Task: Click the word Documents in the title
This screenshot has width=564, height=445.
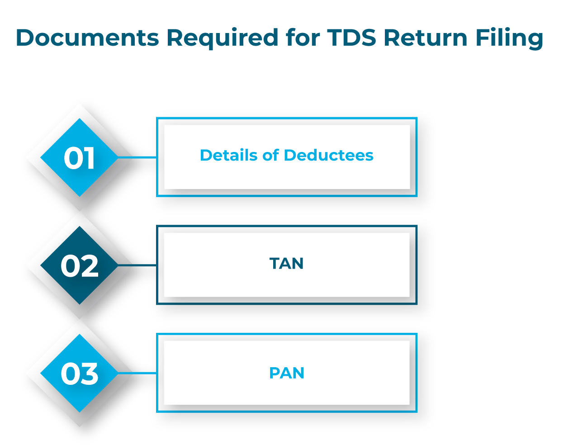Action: tap(88, 38)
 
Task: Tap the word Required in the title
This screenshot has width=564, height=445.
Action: tap(222, 38)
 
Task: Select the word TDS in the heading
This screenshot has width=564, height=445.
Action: tap(351, 38)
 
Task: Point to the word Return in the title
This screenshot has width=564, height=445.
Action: tap(425, 38)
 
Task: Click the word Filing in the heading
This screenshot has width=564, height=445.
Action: tap(509, 38)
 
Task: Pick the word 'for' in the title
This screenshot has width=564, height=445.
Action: tap(303, 37)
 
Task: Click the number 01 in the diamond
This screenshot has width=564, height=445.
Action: tap(79, 158)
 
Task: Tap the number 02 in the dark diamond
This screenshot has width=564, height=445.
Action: tap(80, 266)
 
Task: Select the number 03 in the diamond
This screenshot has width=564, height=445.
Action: tap(80, 374)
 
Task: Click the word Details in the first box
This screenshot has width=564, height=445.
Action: tap(229, 155)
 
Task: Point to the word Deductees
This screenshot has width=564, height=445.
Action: tap(329, 155)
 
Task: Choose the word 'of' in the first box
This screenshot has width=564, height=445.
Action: tap(270, 155)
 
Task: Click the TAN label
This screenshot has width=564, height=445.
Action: tap(286, 263)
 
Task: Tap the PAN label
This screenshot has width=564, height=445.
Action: tap(286, 373)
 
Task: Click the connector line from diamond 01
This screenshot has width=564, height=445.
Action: tap(137, 157)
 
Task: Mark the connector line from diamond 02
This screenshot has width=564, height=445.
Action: tap(137, 265)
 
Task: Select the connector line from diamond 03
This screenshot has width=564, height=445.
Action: tap(137, 373)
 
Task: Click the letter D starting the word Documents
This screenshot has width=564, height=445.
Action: tap(26, 38)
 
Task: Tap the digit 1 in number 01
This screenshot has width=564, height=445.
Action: tap(90, 158)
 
